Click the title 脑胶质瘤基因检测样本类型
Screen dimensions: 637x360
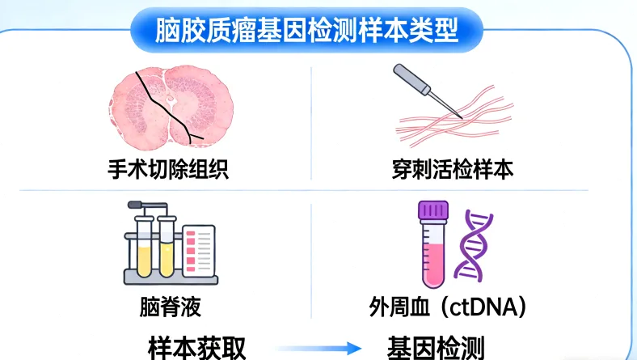307,31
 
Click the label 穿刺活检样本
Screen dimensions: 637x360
450,171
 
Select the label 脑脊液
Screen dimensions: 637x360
170,307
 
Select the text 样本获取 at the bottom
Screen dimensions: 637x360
197,347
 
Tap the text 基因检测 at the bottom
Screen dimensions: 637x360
436,347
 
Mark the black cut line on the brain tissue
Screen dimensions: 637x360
166,105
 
